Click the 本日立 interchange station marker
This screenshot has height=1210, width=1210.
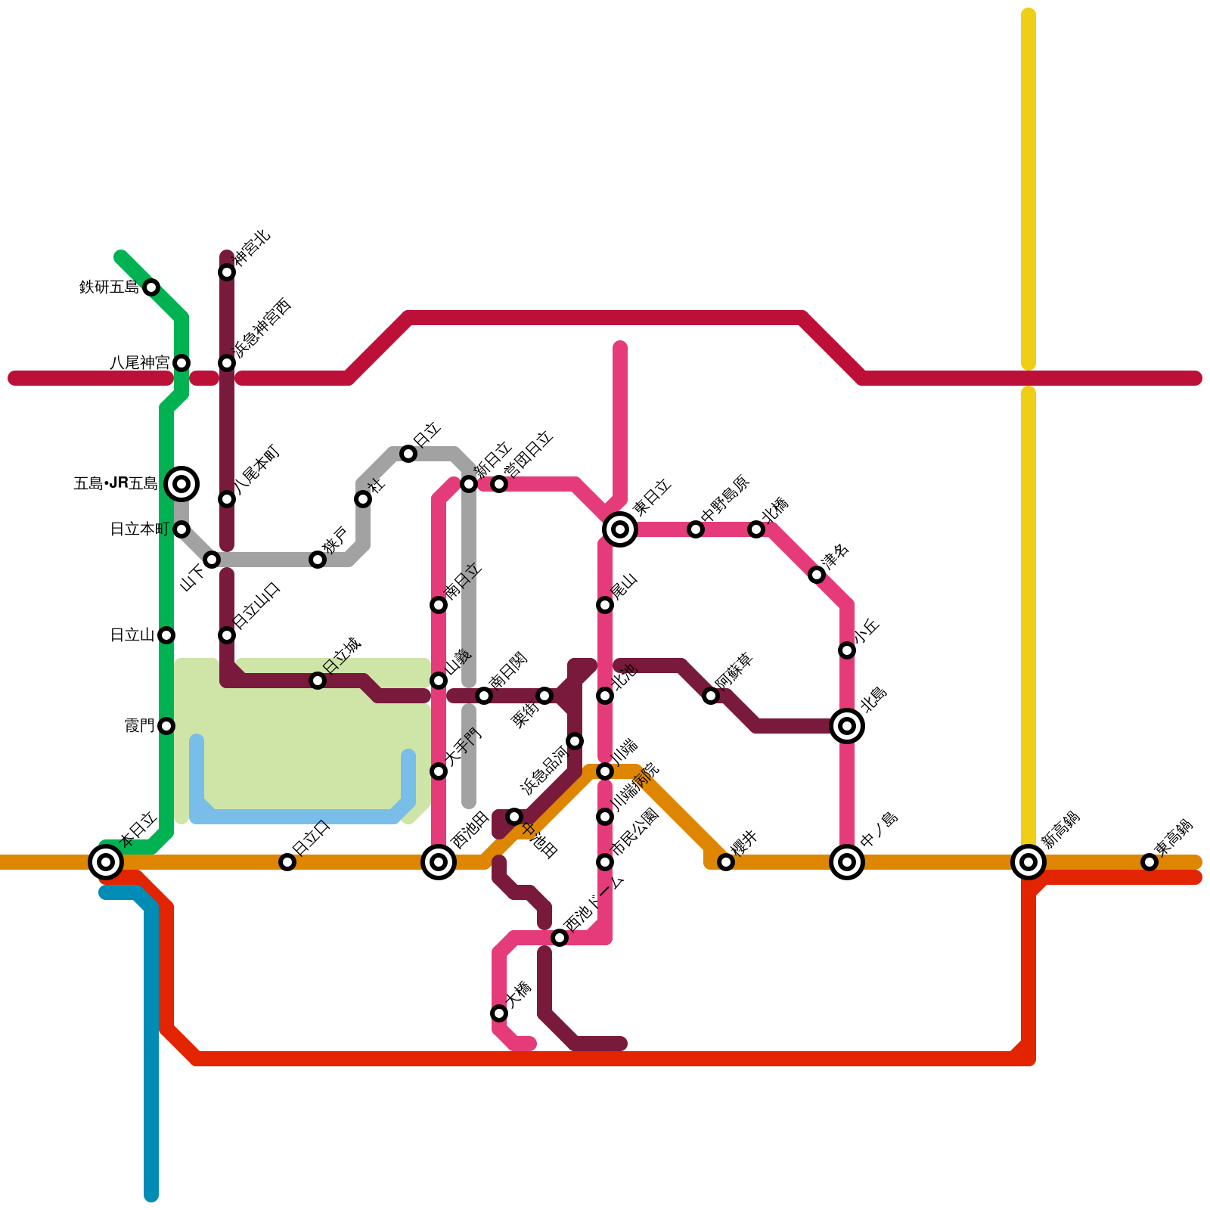pyautogui.click(x=106, y=862)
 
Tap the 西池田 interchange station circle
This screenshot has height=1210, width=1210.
pyautogui.click(x=439, y=862)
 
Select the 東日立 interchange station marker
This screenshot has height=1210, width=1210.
pyautogui.click(x=620, y=529)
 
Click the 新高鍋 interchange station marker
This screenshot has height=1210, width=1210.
pyautogui.click(x=1028, y=862)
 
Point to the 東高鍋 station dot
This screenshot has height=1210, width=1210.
pyautogui.click(x=1149, y=862)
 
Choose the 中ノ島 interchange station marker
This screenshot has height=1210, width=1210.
pyautogui.click(x=847, y=862)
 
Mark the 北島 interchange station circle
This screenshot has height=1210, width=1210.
pyautogui.click(x=847, y=726)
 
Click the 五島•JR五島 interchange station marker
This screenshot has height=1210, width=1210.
pyautogui.click(x=181, y=484)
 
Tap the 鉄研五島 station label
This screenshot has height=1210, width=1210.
pyautogui.click(x=110, y=287)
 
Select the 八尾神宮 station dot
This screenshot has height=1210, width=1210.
pyautogui.click(x=181, y=363)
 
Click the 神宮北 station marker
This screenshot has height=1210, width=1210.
pyautogui.click(x=227, y=272)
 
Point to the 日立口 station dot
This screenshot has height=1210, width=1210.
pyautogui.click(x=287, y=862)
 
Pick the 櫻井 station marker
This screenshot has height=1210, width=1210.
pyautogui.click(x=726, y=862)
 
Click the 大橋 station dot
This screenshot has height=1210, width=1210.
pyautogui.click(x=499, y=1013)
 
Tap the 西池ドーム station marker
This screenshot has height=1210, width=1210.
pyautogui.click(x=560, y=938)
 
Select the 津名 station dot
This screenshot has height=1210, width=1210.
pyautogui.click(x=817, y=575)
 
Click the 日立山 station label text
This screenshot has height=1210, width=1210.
pyautogui.click(x=132, y=635)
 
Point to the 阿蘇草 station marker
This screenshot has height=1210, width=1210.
pyautogui.click(x=711, y=696)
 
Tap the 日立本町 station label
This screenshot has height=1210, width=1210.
pyautogui.click(x=140, y=529)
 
